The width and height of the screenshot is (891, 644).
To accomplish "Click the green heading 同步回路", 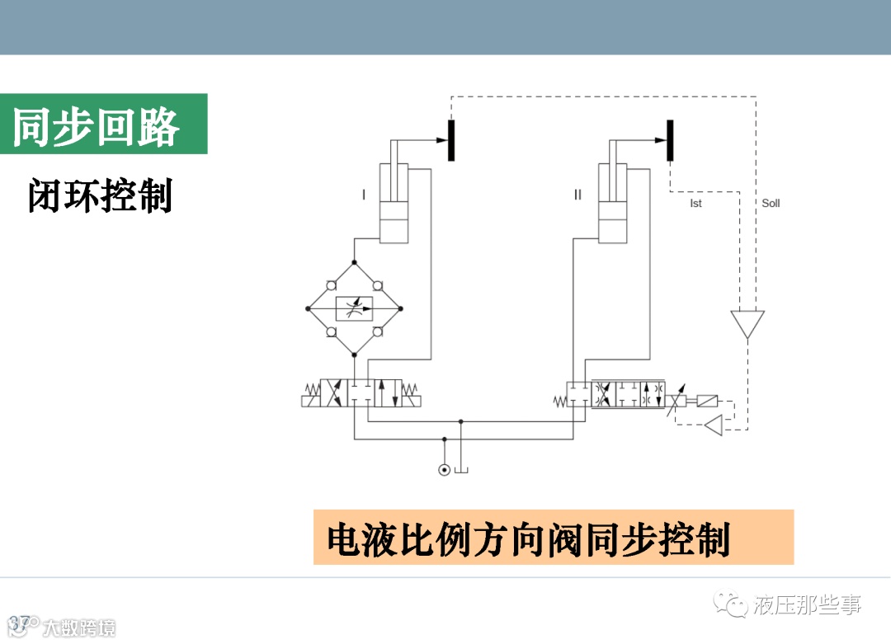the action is pyautogui.click(x=97, y=125).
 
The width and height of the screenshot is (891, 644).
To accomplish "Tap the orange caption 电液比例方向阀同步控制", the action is pyautogui.click(x=528, y=539).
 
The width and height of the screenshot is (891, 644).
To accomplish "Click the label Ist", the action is pyautogui.click(x=695, y=204).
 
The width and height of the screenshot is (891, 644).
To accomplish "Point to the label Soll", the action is pyautogui.click(x=771, y=203).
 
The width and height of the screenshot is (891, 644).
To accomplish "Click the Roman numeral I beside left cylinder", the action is pyautogui.click(x=363, y=195).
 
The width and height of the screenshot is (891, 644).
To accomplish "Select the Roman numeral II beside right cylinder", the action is pyautogui.click(x=577, y=195).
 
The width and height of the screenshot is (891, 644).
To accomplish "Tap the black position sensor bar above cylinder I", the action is pyautogui.click(x=451, y=140).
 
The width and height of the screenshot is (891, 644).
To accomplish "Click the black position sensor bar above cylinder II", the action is pyautogui.click(x=670, y=140).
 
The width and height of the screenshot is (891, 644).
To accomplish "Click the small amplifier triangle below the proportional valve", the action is pyautogui.click(x=713, y=425).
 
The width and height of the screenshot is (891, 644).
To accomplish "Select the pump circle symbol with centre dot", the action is pyautogui.click(x=445, y=470).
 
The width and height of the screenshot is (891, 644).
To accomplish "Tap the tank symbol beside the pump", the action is pyautogui.click(x=461, y=469).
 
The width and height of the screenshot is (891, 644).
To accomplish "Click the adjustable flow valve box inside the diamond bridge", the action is pyautogui.click(x=354, y=309).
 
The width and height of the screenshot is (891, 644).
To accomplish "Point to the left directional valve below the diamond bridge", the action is pyautogui.click(x=361, y=393).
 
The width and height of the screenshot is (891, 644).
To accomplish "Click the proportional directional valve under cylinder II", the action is pyautogui.click(x=616, y=394).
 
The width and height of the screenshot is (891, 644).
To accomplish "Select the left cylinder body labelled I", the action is pyautogui.click(x=394, y=202).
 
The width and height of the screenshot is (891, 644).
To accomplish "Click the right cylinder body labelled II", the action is pyautogui.click(x=611, y=202).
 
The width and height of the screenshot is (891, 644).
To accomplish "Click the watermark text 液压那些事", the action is pyautogui.click(x=807, y=606).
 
